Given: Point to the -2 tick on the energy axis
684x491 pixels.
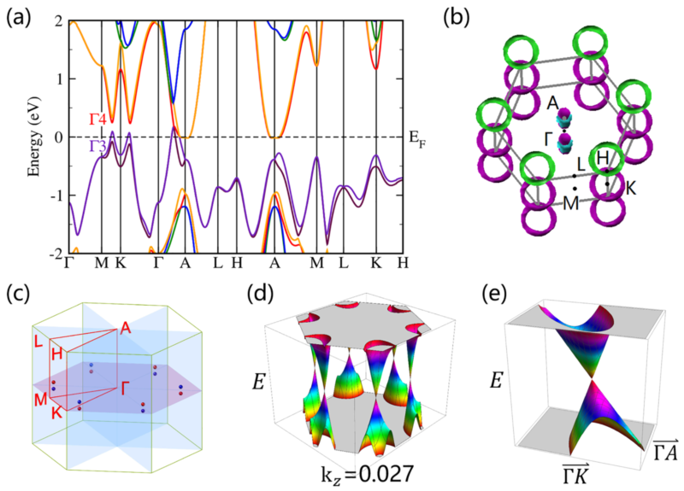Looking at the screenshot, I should pyautogui.click(x=54, y=254).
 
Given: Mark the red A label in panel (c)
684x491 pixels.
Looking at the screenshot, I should pyautogui.click(x=126, y=327).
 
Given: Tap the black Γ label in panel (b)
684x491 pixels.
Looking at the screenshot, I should pyautogui.click(x=551, y=139).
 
